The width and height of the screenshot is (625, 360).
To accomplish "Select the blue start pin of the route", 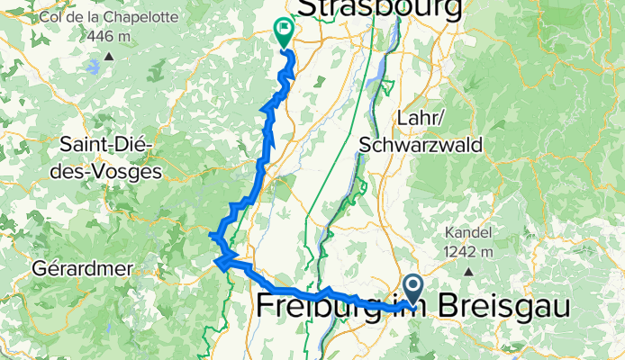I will [413, 289].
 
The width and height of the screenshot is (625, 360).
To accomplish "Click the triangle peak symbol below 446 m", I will [108, 56].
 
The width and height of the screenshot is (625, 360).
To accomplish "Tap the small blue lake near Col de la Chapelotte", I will [95, 66].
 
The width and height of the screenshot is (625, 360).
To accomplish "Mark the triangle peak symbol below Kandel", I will [469, 270].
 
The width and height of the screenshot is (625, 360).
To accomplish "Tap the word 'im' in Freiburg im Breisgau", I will [412, 306].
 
